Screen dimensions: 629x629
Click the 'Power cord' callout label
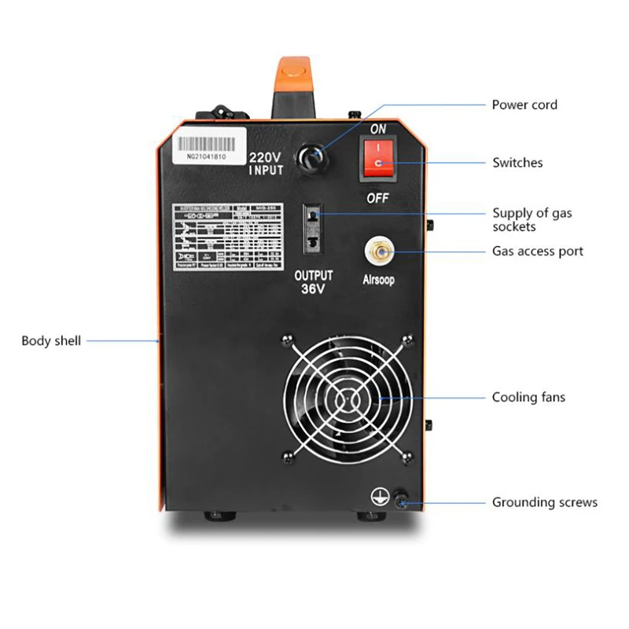point(524,105)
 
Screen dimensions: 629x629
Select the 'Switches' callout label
point(517,163)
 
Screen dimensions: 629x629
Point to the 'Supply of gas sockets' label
point(532,219)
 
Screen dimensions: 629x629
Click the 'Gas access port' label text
point(538,252)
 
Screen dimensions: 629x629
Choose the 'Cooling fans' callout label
point(528,397)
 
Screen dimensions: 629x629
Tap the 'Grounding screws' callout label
point(545,502)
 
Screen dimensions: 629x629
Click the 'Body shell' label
point(51,340)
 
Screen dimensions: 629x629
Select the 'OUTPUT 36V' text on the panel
point(313,282)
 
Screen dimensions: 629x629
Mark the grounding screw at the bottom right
point(401,498)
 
